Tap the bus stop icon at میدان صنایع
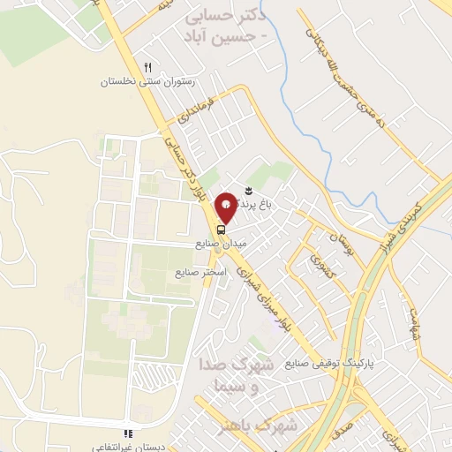[220, 225]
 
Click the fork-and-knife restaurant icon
[148, 67]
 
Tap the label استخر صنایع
[202, 272]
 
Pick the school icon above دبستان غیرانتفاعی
[129, 433]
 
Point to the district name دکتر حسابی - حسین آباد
[229, 26]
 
